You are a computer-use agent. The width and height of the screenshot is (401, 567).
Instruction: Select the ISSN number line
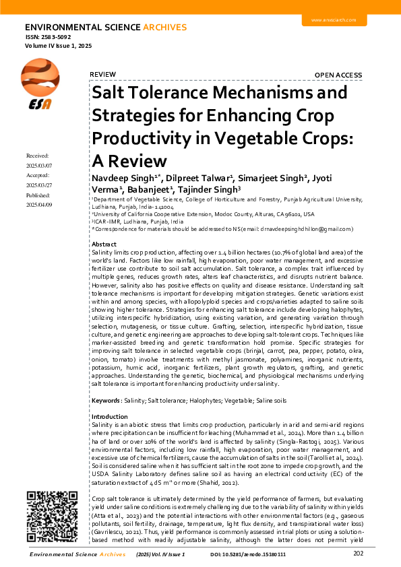(48, 37)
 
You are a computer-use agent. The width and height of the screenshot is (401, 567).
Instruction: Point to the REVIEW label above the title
(103, 74)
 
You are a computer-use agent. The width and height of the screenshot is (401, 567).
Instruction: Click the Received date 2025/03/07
(39, 165)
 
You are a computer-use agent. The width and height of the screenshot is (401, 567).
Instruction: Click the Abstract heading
(104, 244)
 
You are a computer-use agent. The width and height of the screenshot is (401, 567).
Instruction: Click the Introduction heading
(109, 417)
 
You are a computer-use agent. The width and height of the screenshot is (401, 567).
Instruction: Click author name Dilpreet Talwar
(198, 178)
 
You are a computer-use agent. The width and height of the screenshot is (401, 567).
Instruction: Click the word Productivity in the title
(141, 137)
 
